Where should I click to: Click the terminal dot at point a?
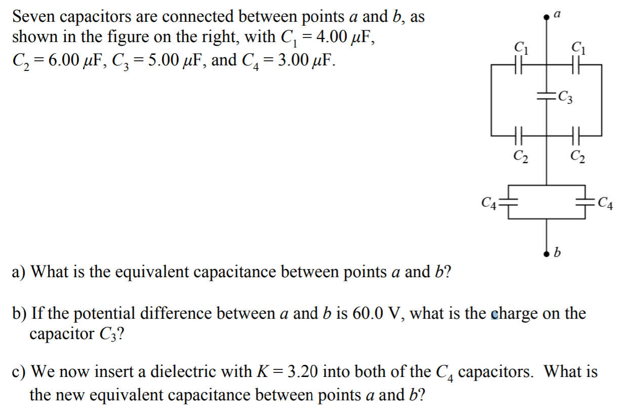click(546, 17)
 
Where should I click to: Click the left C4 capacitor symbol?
click(508, 203)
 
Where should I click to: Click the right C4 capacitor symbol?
click(585, 203)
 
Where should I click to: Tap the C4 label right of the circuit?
click(605, 205)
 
